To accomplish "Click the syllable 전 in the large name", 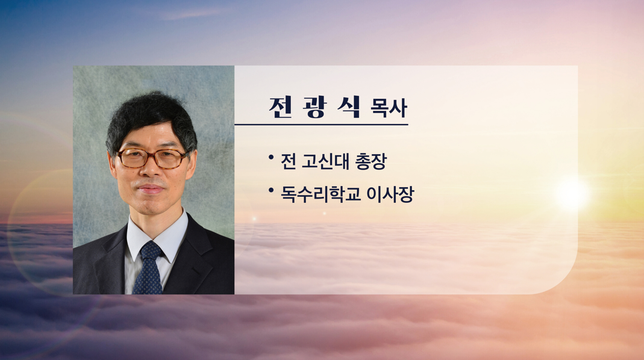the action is pyautogui.click(x=281, y=107).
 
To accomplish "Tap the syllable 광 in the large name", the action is pyautogui.click(x=315, y=107).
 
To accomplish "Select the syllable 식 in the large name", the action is pyautogui.click(x=349, y=107).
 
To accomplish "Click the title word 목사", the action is pyautogui.click(x=389, y=109).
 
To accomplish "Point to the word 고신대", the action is pyautogui.click(x=326, y=161).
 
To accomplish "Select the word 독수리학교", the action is pyautogui.click(x=320, y=194).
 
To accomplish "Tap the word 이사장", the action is pyautogui.click(x=390, y=194).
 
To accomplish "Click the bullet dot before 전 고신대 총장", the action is pyautogui.click(x=271, y=157).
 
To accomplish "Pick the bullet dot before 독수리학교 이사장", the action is pyautogui.click(x=271, y=190).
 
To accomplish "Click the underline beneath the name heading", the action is pyautogui.click(x=321, y=124).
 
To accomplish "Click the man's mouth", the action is pyautogui.click(x=151, y=189).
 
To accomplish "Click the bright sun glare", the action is pyautogui.click(x=572, y=193).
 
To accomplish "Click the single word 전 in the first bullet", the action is pyautogui.click(x=289, y=161).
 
